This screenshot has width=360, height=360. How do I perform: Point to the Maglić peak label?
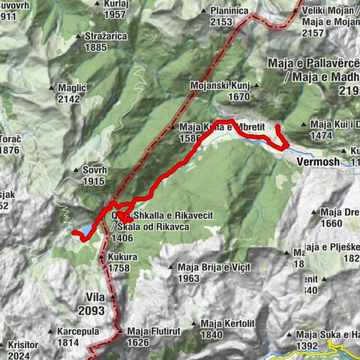tap(73, 88)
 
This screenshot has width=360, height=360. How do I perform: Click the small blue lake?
tap(88, 228)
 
